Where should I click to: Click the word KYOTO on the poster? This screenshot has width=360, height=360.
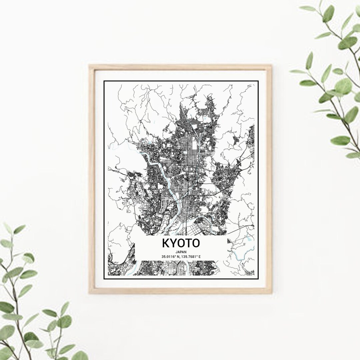[181, 243]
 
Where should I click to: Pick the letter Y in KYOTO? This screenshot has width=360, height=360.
[173, 243]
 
